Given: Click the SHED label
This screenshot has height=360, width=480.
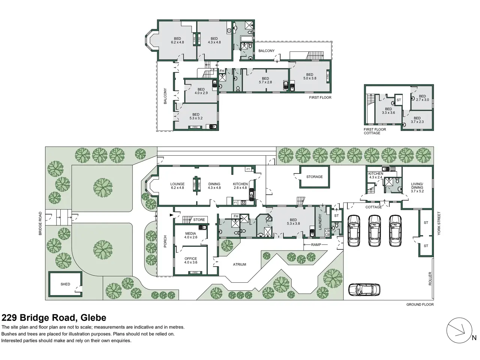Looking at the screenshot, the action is (65, 284).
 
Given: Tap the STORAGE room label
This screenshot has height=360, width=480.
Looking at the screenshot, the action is (314, 177).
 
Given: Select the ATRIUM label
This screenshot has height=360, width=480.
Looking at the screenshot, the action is (240, 264).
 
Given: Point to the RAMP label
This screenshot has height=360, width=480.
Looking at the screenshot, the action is (316, 245).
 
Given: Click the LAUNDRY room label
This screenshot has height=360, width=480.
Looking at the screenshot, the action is (320, 222).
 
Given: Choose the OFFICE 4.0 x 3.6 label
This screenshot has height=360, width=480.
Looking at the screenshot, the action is (191, 260).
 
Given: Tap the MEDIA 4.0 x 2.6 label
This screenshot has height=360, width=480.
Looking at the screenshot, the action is (191, 235).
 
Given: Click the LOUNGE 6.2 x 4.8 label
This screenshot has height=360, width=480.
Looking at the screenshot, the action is (177, 186).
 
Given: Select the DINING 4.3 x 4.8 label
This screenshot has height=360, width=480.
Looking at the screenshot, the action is (214, 186).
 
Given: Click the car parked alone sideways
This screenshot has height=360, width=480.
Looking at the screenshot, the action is (364, 289).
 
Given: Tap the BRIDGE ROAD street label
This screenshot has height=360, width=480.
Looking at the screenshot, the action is (40, 223).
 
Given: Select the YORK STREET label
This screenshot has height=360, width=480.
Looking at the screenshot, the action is (439, 223).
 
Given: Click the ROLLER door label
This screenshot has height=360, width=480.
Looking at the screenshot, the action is (430, 279).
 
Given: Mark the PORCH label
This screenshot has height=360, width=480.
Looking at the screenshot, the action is (165, 241).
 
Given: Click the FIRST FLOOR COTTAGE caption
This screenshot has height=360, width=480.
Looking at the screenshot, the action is (375, 131).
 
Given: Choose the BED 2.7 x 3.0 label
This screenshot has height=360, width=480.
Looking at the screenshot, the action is (422, 98).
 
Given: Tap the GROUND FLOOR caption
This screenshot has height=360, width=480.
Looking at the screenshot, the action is (420, 304).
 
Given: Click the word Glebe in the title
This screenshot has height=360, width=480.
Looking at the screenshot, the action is (93, 318).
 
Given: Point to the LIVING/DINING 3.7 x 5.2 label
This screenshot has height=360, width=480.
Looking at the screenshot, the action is (417, 187).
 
